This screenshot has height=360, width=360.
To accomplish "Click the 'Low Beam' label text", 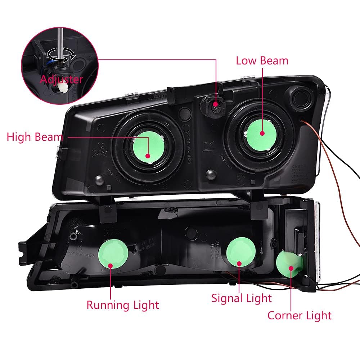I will (x=262, y=60).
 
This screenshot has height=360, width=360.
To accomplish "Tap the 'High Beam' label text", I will (x=35, y=137).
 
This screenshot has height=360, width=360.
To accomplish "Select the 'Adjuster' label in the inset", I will (x=61, y=79).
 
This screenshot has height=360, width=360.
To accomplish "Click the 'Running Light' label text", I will (x=122, y=305).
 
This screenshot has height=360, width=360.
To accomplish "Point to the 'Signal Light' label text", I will (x=241, y=298).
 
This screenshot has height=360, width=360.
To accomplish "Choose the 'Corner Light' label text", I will (x=299, y=316).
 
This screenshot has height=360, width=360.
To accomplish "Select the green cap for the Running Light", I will (x=113, y=254).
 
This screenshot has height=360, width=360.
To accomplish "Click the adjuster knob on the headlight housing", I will (x=215, y=104).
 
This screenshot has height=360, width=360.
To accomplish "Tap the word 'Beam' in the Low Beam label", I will (x=275, y=60).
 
